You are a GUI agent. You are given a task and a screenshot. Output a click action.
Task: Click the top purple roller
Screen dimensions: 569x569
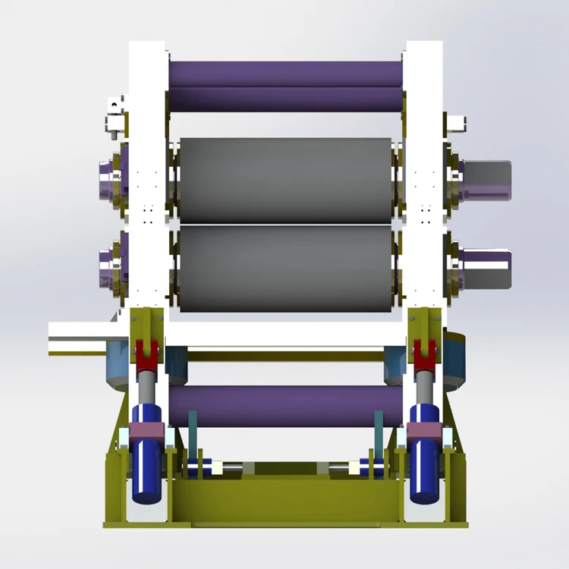tap(284, 86)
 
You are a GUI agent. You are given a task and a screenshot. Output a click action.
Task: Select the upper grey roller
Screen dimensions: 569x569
tap(284, 180)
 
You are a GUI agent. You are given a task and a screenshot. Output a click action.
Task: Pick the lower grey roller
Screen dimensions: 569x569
tap(284, 269)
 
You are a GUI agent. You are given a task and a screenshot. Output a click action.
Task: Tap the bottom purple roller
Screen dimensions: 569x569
tap(284, 406)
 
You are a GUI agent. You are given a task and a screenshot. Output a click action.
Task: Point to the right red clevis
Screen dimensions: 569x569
tap(423, 351)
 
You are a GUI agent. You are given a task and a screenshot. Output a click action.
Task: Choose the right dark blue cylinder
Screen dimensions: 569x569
tap(424, 470)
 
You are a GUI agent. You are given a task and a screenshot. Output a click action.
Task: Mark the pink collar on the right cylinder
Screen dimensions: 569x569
tap(424, 433)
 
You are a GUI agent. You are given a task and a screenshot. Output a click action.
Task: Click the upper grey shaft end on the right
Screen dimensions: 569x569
tap(486, 181)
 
